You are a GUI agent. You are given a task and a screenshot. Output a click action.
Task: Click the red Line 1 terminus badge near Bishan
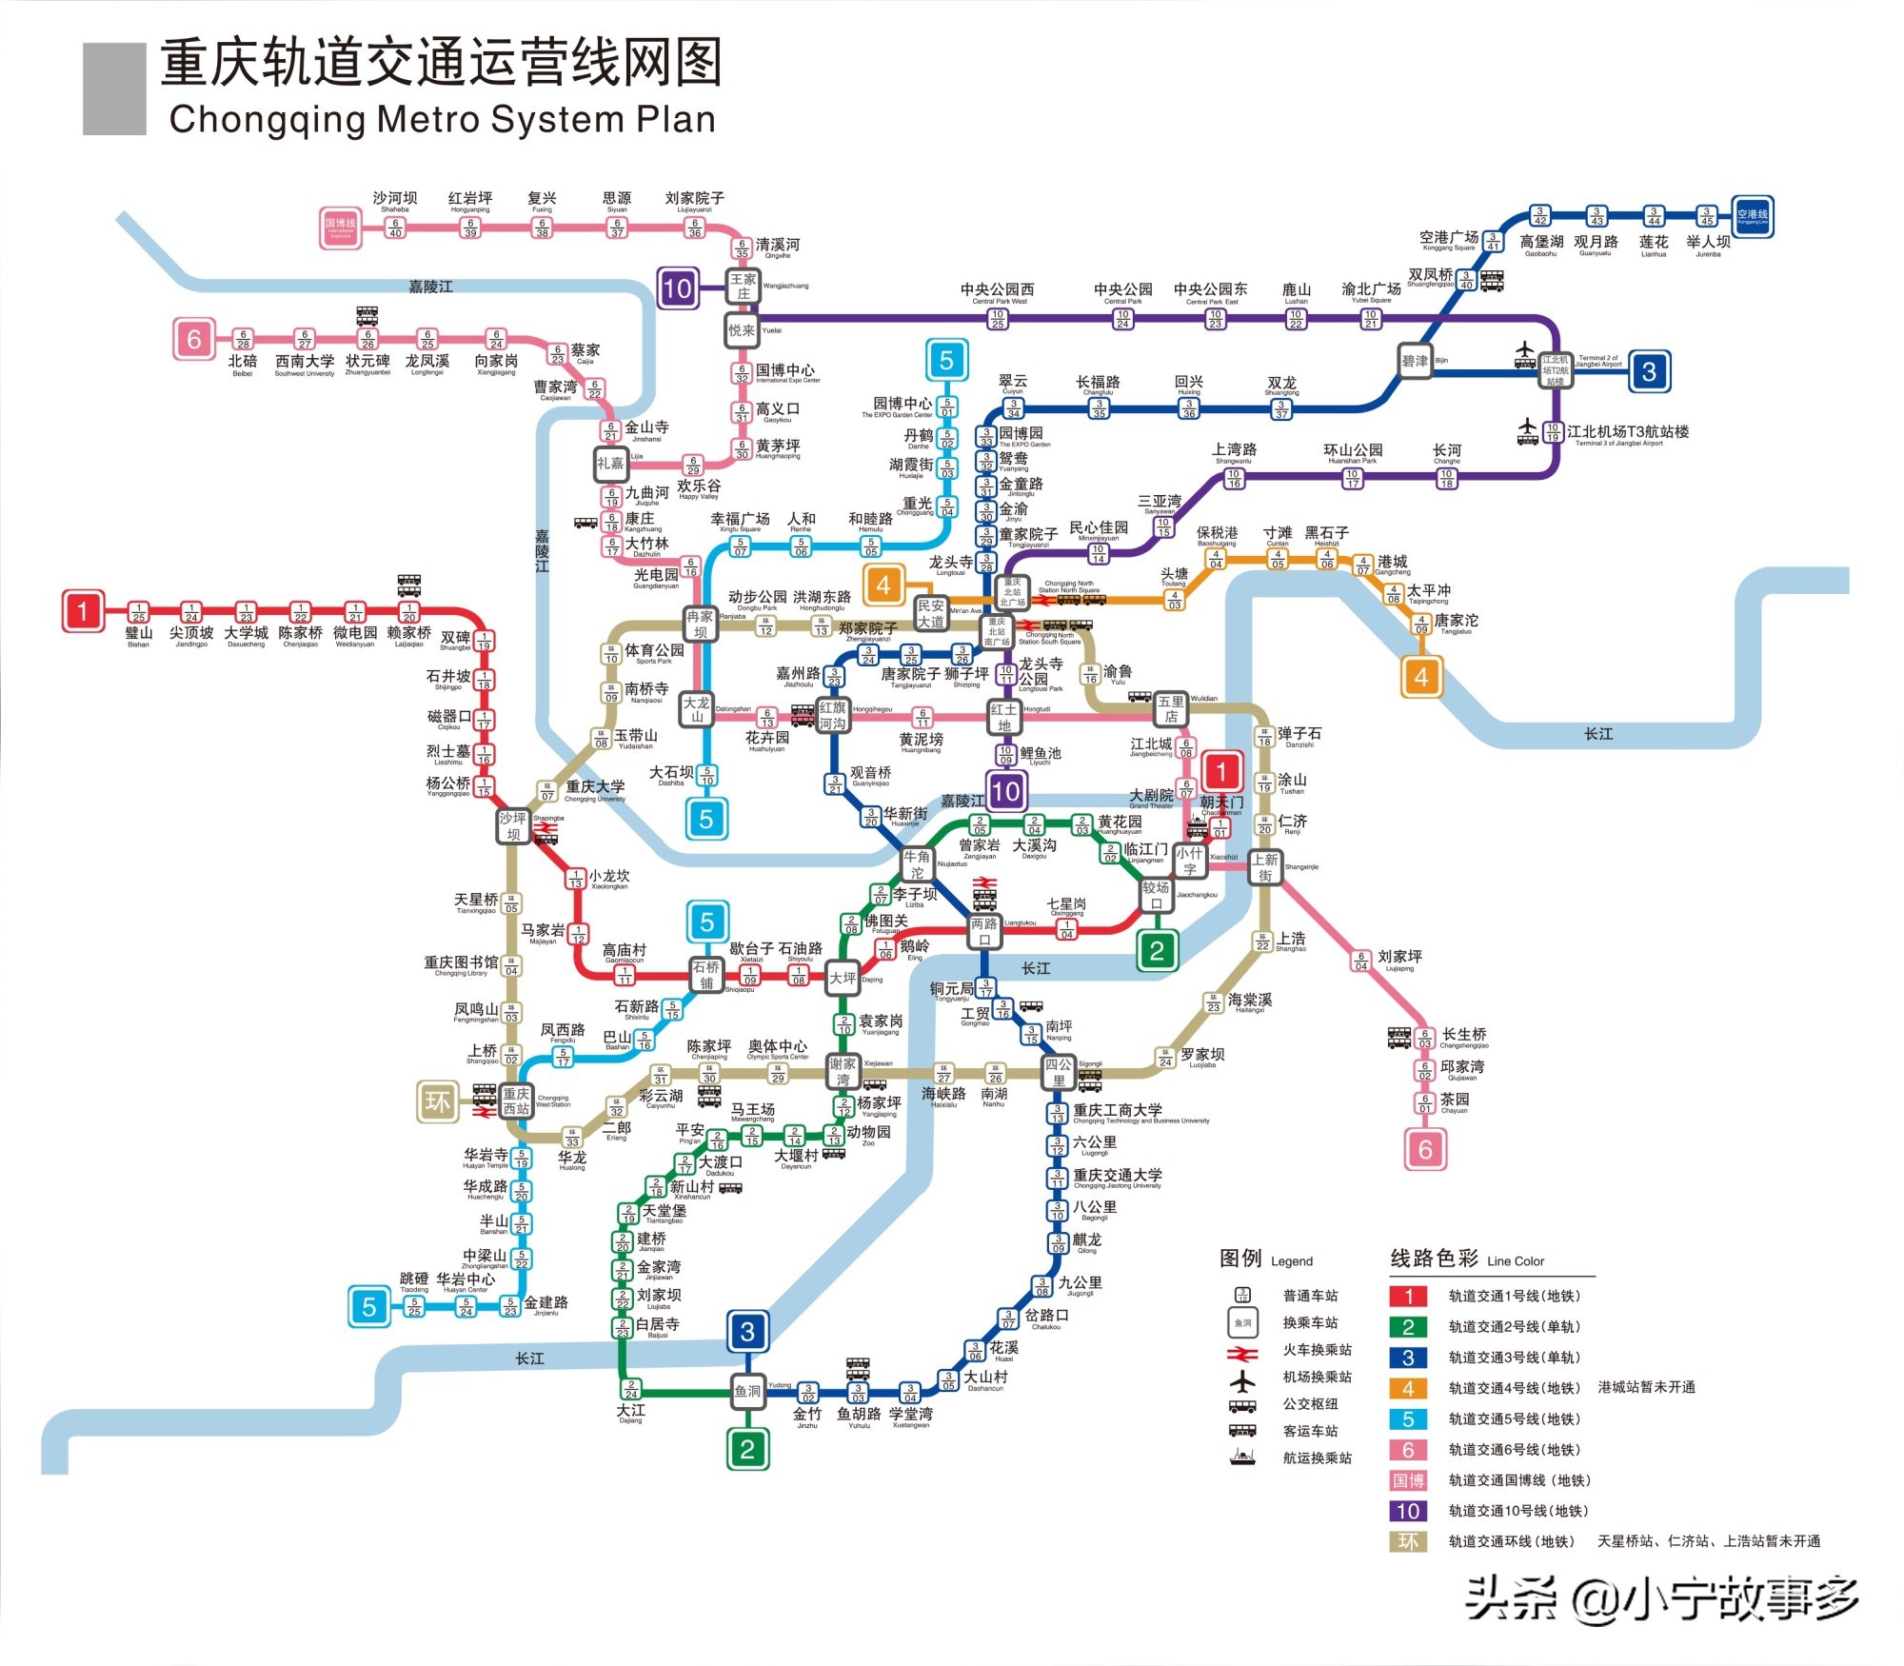pos(83,611)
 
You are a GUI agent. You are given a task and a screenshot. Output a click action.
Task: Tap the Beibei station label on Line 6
pos(243,363)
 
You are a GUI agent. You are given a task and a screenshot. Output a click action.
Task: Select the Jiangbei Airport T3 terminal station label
pos(1627,432)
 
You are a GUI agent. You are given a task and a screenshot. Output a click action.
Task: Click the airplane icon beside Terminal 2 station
pos(1525,355)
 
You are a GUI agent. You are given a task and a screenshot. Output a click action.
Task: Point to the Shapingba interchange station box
pos(513,826)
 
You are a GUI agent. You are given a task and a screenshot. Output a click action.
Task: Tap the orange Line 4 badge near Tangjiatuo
pos(1421,677)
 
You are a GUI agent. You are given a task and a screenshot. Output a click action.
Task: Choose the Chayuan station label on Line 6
pos(1454,1101)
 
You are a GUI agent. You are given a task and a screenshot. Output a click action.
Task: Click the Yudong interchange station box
pos(747,1392)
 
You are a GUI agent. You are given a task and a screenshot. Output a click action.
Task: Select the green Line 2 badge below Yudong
pos(747,1450)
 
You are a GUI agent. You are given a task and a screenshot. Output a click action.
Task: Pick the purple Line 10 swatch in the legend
pos(1408,1511)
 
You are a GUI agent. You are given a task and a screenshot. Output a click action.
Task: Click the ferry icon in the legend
pos(1242,1458)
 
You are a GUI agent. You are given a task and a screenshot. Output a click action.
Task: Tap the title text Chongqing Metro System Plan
pos(442,120)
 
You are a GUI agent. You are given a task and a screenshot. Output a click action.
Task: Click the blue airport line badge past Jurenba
pos(1752,216)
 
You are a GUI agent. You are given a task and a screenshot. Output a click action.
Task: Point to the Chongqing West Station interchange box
pos(516,1101)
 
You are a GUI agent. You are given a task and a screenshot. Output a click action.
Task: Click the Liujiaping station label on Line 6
pos(1399,957)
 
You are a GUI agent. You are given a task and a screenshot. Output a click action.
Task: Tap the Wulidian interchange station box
pos(1171,709)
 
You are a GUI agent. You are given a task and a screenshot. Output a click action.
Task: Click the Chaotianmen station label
pos(1221,803)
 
